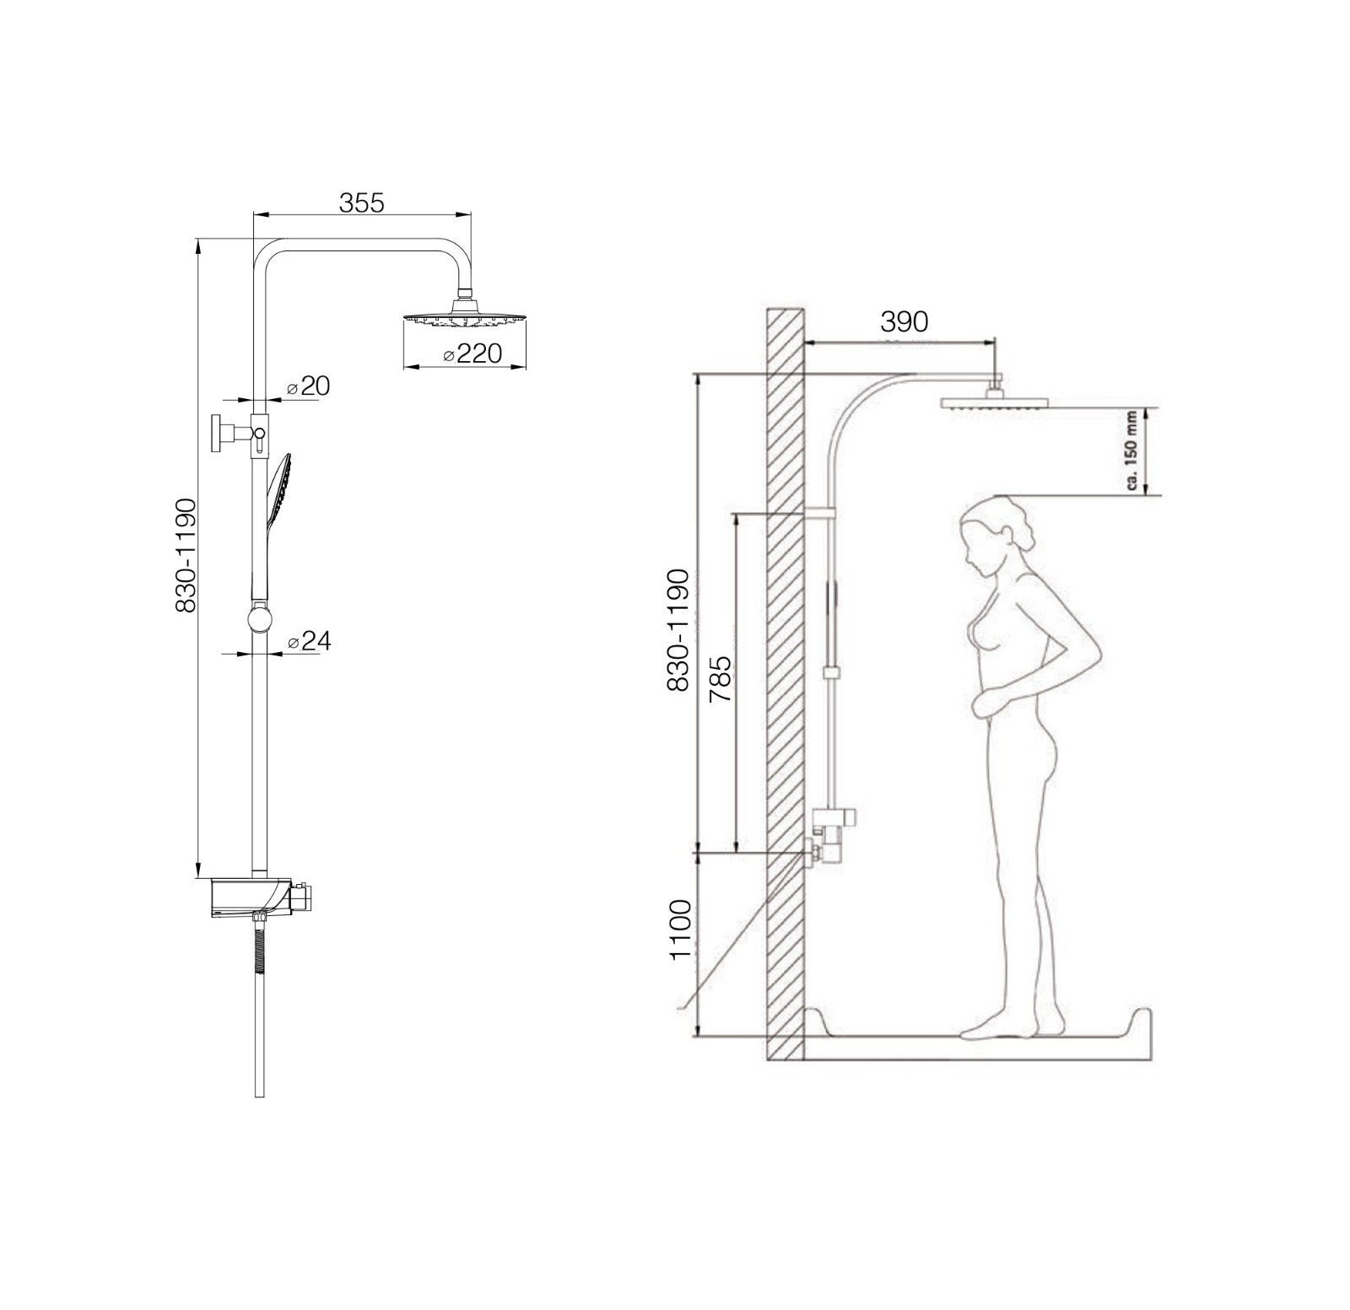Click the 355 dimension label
point(361,203)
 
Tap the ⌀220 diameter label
point(472,353)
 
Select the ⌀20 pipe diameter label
point(308,386)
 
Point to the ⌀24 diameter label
point(309,642)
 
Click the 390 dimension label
point(904,321)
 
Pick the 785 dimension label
point(720,680)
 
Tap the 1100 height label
point(679,930)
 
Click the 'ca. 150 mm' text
point(1131,452)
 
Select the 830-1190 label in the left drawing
point(185,555)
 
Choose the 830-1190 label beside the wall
point(678,630)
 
